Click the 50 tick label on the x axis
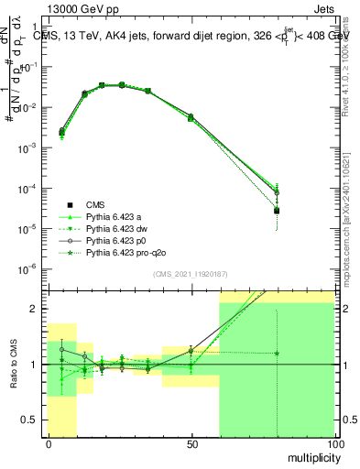click(191, 444)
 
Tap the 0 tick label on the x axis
click(48, 444)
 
